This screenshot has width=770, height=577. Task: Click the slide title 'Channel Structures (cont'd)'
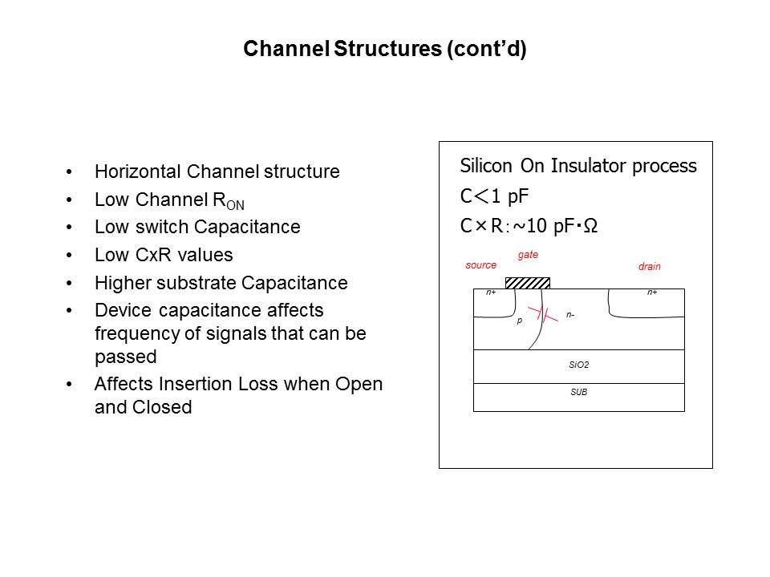pos(384,50)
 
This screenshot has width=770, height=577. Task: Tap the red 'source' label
pos(480,265)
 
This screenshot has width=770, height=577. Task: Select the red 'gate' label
pos(528,255)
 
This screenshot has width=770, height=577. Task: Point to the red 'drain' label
pos(649,266)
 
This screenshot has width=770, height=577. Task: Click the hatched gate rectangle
pos(528,282)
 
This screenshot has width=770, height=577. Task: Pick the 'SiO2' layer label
pos(578,365)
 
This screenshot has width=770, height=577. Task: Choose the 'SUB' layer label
pos(578,393)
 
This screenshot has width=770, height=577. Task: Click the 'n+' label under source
pos(491,293)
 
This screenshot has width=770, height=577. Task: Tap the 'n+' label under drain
pos(652,293)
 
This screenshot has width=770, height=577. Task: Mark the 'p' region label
pos(519,320)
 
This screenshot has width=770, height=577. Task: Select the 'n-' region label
pos(569,315)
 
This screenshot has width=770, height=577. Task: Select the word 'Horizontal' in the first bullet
pos(138,171)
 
